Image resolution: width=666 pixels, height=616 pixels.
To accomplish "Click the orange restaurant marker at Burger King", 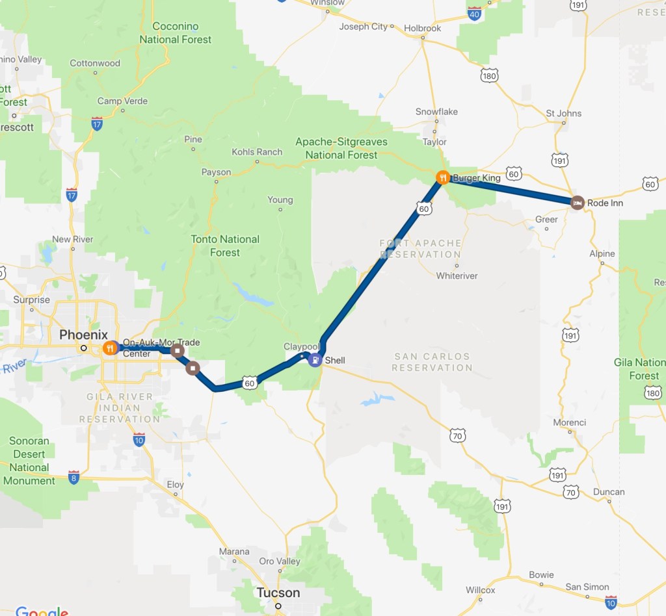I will pyautogui.click(x=442, y=177).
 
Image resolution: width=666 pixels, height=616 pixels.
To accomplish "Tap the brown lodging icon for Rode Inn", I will pyautogui.click(x=577, y=203).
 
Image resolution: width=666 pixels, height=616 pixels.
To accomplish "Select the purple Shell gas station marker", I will pyautogui.click(x=315, y=360).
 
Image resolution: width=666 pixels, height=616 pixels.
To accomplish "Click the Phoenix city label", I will pyautogui.click(x=83, y=335).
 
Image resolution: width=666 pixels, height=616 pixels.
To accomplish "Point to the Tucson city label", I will pyautogui.click(x=278, y=593).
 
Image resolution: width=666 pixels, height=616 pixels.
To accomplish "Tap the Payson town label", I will pyautogui.click(x=216, y=172).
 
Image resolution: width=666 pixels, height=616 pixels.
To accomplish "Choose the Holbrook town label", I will pyautogui.click(x=423, y=29).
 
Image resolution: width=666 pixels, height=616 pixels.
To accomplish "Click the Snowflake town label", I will pyautogui.click(x=436, y=112).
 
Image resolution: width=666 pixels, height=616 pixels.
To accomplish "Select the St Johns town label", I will pyautogui.click(x=564, y=114).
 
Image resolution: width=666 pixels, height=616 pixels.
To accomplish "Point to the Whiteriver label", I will pyautogui.click(x=457, y=276).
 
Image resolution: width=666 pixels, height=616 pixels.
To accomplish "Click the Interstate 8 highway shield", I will pyautogui.click(x=73, y=477).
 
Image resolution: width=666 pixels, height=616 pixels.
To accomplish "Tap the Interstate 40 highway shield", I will pyautogui.click(x=474, y=13).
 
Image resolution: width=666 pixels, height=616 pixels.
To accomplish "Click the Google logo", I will pyautogui.click(x=42, y=611).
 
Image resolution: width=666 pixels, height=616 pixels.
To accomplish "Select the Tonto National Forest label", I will pyautogui.click(x=225, y=246).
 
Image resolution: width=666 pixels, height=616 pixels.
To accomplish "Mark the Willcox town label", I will pyautogui.click(x=480, y=591).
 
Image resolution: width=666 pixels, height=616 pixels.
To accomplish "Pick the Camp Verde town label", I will pyautogui.click(x=122, y=101).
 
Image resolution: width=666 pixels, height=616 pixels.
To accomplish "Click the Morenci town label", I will pyautogui.click(x=570, y=422).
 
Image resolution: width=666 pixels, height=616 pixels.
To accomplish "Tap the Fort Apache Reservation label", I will pyautogui.click(x=421, y=249).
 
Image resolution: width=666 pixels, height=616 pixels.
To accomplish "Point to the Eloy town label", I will pyautogui.click(x=175, y=485).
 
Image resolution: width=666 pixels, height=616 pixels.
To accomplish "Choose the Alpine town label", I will pyautogui.click(x=602, y=253).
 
